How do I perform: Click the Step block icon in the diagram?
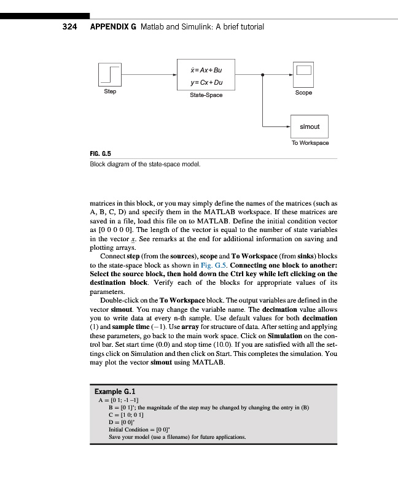(109, 75)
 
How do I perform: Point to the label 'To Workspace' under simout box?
(310, 143)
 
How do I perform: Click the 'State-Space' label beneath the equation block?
(206, 95)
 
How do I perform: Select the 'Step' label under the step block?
(109, 91)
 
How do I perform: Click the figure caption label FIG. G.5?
(101, 154)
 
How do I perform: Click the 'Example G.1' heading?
(119, 390)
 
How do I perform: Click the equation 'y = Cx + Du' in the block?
(206, 82)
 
